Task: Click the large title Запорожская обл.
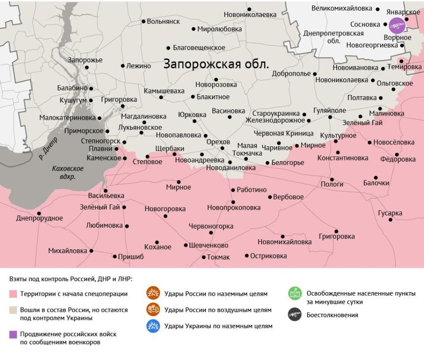pyautogui.click(x=216, y=64)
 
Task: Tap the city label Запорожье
pyautogui.click(x=85, y=60)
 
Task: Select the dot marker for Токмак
pyautogui.click(x=203, y=257)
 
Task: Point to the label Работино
pyautogui.click(x=252, y=190)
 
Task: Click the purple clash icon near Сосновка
pyautogui.click(x=397, y=26)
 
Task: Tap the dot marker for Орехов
pyautogui.click(x=222, y=148)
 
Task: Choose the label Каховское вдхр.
pyautogui.click(x=68, y=173)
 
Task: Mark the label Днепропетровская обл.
pyautogui.click(x=334, y=37)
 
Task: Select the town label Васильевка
pyautogui.click(x=106, y=196)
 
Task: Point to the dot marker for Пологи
pyautogui.click(x=332, y=179)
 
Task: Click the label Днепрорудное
pyautogui.click(x=40, y=218)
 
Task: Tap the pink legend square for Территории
pyautogui.click(x=14, y=294)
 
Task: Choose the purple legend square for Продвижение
pyautogui.click(x=14, y=334)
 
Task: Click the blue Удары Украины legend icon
pyautogui.click(x=153, y=326)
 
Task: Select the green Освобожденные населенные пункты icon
pyautogui.click(x=295, y=293)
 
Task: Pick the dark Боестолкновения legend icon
pyautogui.click(x=295, y=315)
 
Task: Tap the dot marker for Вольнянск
pyautogui.click(x=144, y=21)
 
